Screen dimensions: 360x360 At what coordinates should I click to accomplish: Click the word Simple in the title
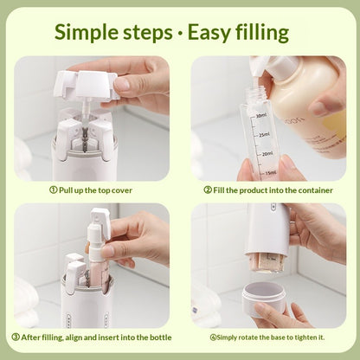coord(94,33)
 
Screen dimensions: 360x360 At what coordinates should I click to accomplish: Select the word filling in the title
coord(262,34)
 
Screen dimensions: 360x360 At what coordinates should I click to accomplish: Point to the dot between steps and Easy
coord(180,34)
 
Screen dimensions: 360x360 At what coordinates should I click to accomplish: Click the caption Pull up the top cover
coord(97,190)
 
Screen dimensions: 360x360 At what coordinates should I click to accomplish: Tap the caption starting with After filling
coord(97,336)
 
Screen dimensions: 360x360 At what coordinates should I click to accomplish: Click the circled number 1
coord(53,190)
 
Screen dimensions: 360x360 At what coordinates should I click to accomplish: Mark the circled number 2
coord(208,190)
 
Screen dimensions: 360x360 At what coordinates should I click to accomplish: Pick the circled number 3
coord(16,336)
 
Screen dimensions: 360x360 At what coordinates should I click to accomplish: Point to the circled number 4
coord(213,336)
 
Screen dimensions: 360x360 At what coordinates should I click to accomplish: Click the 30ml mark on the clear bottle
coord(260,114)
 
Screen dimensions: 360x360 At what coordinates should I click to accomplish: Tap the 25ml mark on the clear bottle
coord(263,134)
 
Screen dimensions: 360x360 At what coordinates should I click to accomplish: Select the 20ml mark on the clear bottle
coord(266,153)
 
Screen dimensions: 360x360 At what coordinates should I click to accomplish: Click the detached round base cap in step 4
coord(263,299)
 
